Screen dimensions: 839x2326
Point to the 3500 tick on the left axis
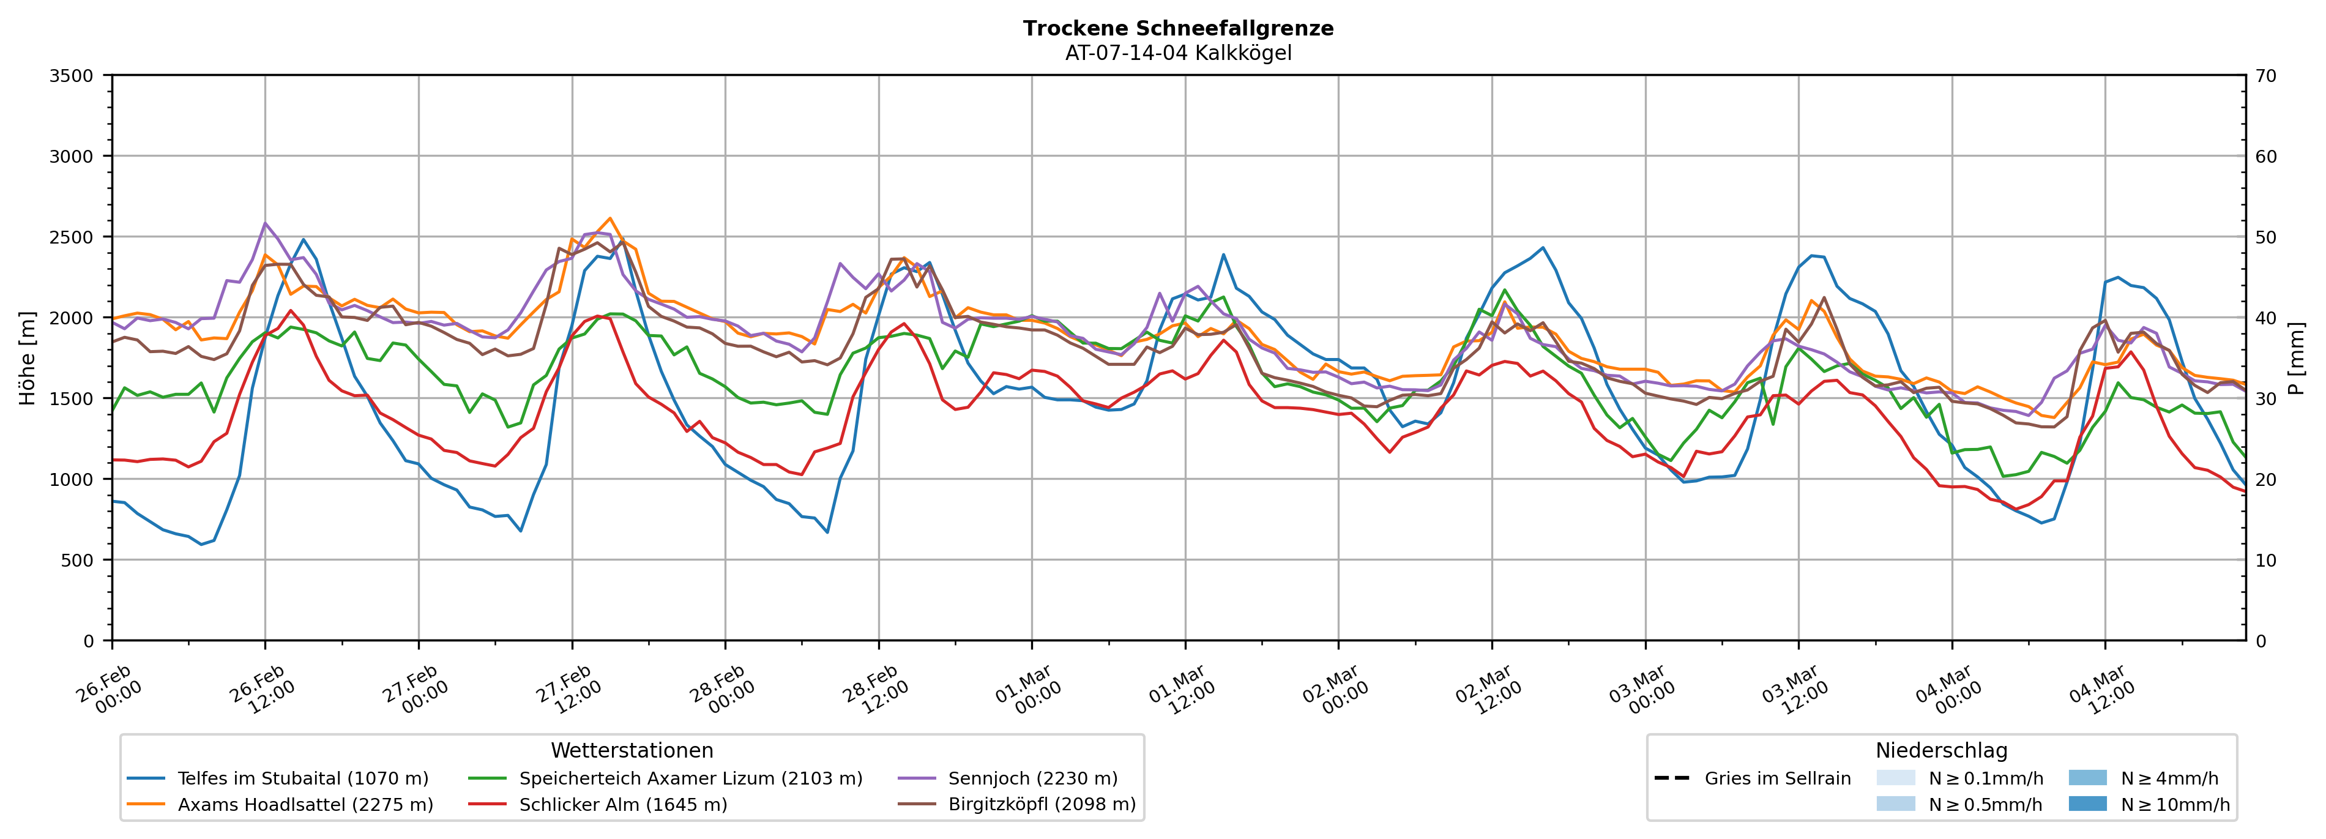click(x=72, y=76)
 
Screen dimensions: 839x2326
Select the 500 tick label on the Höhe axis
click(x=76, y=560)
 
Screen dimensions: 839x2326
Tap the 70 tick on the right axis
click(x=2265, y=76)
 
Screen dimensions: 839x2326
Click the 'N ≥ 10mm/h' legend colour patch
click(x=2087, y=804)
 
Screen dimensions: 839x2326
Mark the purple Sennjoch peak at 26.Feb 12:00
click(x=264, y=223)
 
